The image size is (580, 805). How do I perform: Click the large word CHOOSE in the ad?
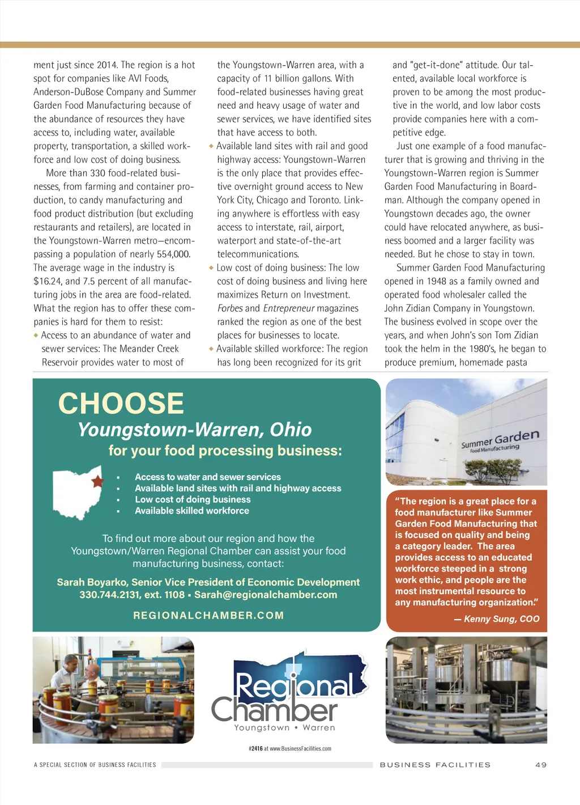(121, 404)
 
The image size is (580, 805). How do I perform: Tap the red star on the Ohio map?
(97, 481)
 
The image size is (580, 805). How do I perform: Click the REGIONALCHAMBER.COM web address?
(208, 616)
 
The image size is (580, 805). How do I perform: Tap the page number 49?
(541, 765)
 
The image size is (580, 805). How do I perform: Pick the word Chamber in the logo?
(275, 710)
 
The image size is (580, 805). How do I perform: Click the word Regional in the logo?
(295, 686)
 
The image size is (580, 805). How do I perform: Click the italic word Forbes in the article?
(229, 308)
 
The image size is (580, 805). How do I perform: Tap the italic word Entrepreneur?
(288, 308)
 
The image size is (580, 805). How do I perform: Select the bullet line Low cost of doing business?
(193, 499)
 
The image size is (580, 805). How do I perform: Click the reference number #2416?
(255, 748)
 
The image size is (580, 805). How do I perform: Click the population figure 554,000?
(173, 254)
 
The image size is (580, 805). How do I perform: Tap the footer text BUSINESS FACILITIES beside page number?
(435, 765)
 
